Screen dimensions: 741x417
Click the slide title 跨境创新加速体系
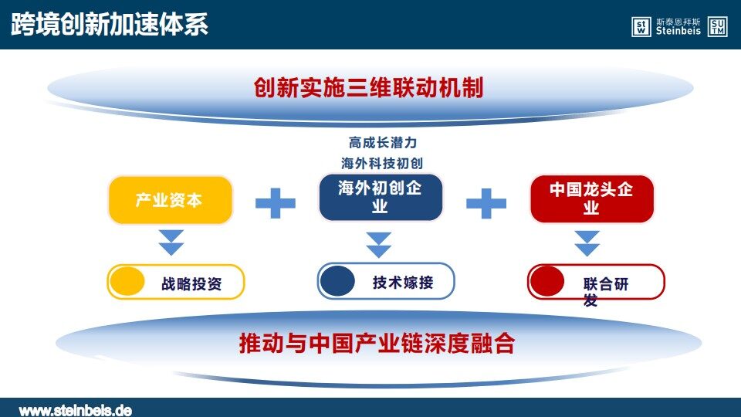coord(109,24)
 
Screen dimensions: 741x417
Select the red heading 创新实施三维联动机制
coord(369,88)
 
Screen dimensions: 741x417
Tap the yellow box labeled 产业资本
coord(171,200)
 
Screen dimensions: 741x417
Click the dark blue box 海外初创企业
coord(381,197)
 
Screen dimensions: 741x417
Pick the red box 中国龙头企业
coord(592,198)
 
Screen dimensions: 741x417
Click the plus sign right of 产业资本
coord(276,203)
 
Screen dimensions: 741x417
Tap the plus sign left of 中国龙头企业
coord(486,203)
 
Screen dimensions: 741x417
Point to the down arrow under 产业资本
coord(171,242)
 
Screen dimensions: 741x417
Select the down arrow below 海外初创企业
coord(378,245)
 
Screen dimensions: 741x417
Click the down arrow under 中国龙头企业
coord(587,243)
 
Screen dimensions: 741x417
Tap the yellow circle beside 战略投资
coord(127,282)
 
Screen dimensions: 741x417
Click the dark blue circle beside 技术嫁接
coord(337,281)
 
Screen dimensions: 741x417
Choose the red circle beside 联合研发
coord(547,281)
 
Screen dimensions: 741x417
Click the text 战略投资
coord(191,284)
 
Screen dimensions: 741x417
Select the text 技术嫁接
coord(403,283)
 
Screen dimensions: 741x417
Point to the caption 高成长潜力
coord(383,142)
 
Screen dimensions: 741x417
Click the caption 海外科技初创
coord(382,163)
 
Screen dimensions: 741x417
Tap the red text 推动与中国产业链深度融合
coord(377,343)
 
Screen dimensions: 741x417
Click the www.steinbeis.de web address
coord(76,410)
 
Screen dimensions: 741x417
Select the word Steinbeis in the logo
coord(678,31)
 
